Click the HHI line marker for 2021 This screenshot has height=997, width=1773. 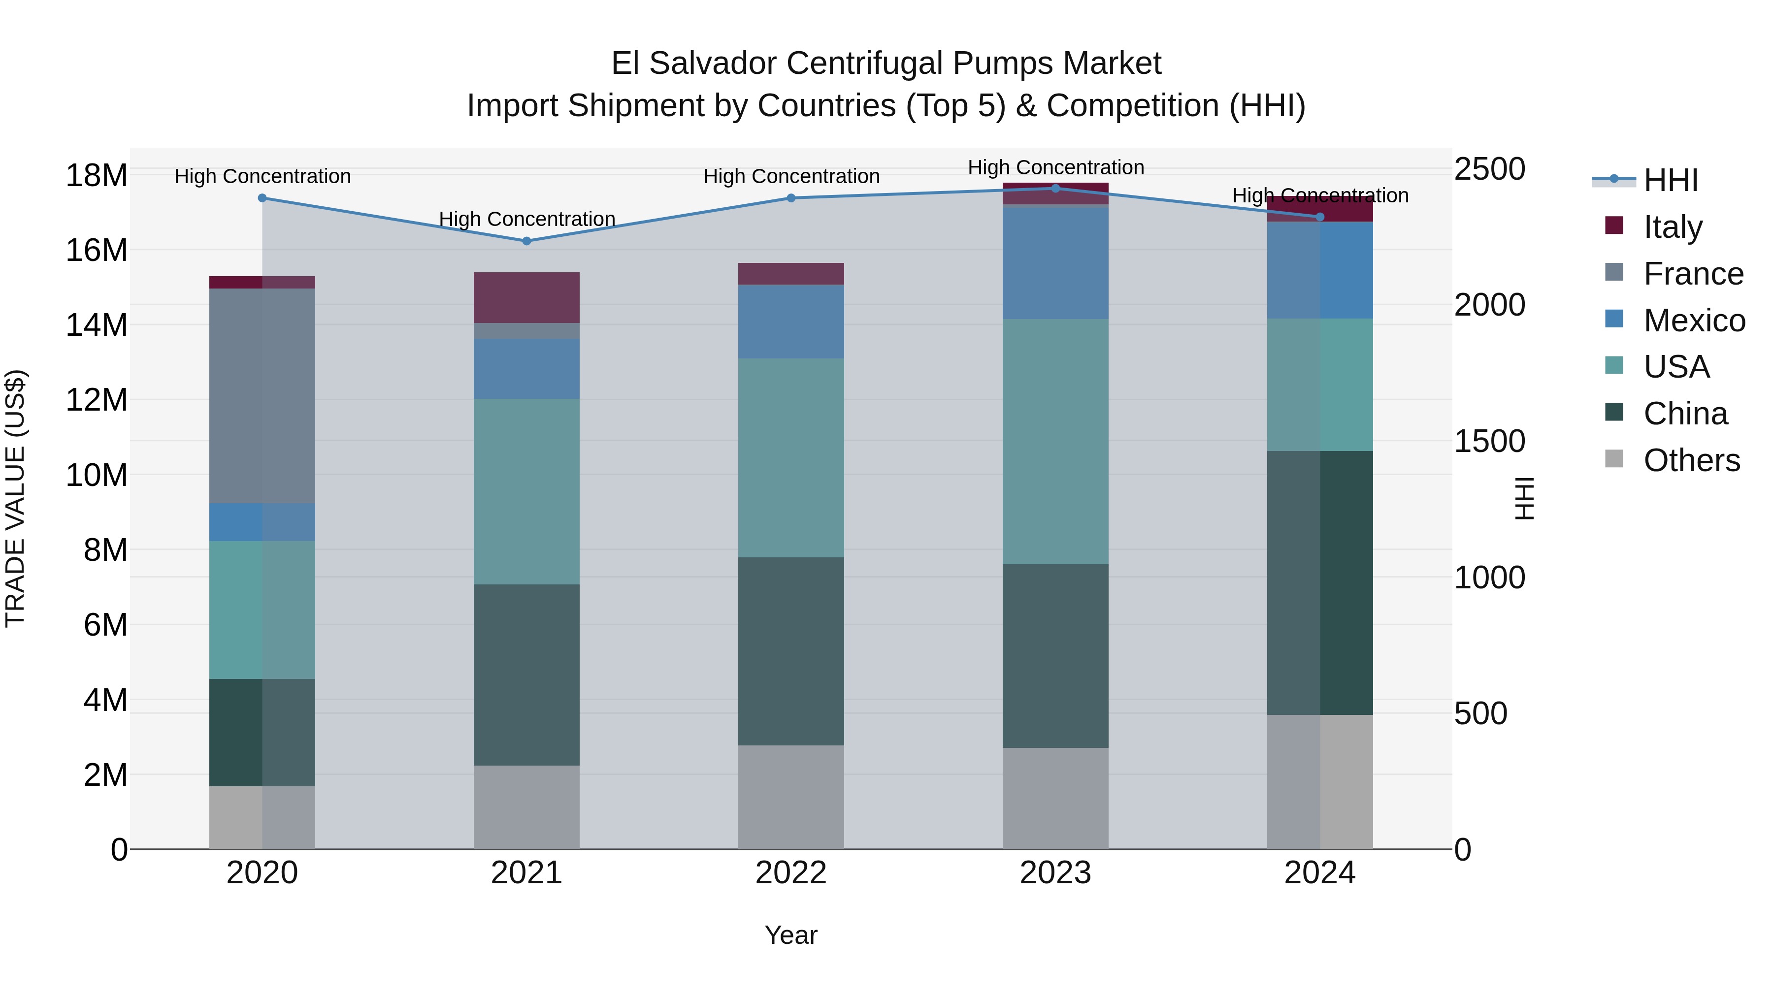pyautogui.click(x=526, y=241)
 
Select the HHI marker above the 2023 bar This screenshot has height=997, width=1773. pyautogui.click(x=1055, y=188)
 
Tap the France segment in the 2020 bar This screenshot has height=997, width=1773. pyautogui.click(x=262, y=396)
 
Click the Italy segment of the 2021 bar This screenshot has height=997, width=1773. pyautogui.click(x=526, y=297)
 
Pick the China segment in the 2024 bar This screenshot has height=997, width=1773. pyautogui.click(x=1319, y=583)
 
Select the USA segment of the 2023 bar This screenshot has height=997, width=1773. pyautogui.click(x=1055, y=441)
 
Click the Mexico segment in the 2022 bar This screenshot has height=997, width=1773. pyautogui.click(x=791, y=322)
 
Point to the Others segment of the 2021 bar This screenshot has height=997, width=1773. pyautogui.click(x=526, y=807)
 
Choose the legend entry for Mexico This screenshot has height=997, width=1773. pyautogui.click(x=1693, y=321)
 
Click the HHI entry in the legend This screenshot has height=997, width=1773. pyautogui.click(x=1671, y=180)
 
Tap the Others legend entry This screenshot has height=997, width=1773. pyautogui.click(x=1691, y=460)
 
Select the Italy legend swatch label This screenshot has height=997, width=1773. pyautogui.click(x=1673, y=227)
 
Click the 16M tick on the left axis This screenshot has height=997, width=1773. pyautogui.click(x=97, y=250)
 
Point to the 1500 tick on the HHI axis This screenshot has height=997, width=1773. pyautogui.click(x=1489, y=441)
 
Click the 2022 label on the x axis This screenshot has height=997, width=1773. pyautogui.click(x=791, y=873)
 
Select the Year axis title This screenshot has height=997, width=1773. pyautogui.click(x=791, y=935)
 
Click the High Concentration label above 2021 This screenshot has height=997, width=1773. pyautogui.click(x=526, y=219)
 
